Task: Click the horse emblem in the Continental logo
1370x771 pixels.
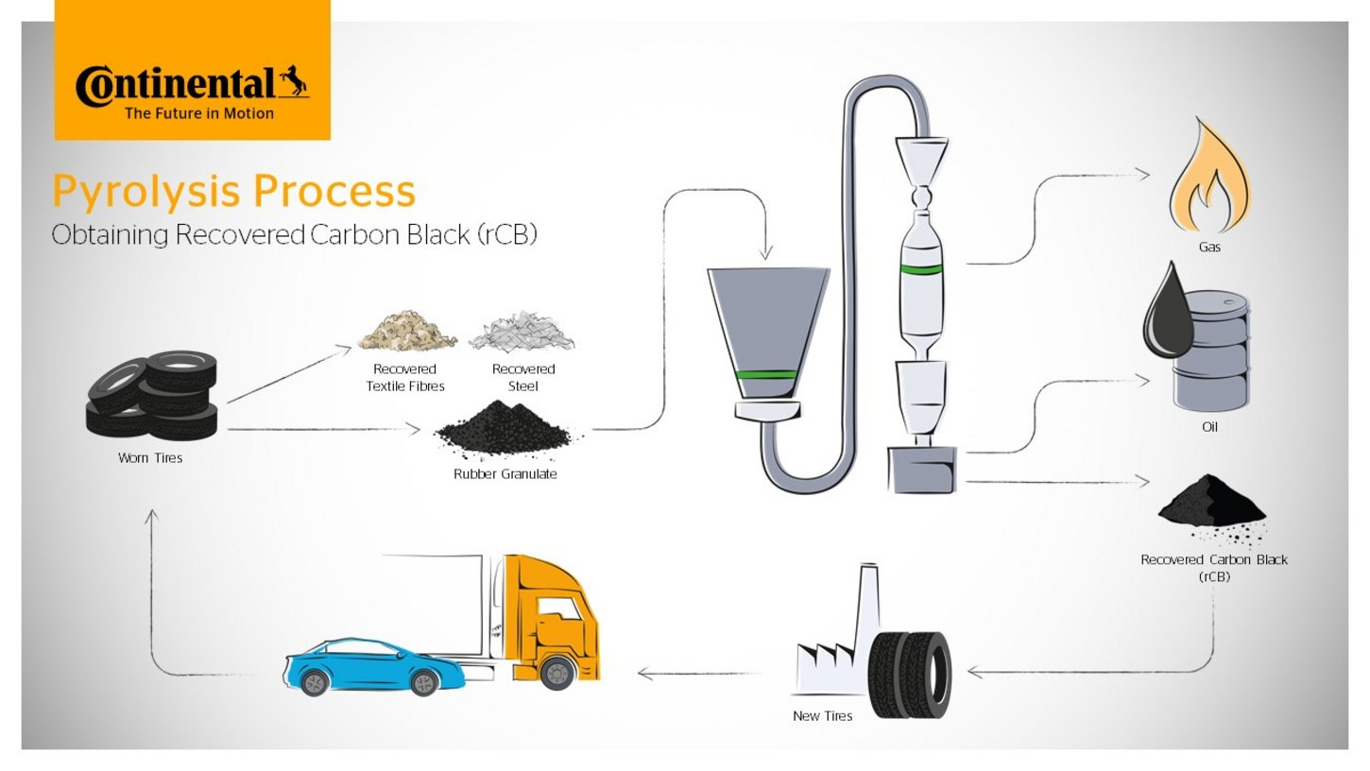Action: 294,81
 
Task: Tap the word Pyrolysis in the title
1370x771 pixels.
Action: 146,192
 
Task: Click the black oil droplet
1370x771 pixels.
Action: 1168,311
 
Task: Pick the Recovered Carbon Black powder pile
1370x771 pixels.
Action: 1211,507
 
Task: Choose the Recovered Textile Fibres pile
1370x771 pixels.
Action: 406,331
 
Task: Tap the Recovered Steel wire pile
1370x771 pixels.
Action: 522,332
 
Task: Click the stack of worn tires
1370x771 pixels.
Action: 152,395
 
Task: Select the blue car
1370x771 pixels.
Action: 374,667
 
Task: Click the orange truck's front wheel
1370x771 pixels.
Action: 557,673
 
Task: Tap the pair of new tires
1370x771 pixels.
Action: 910,675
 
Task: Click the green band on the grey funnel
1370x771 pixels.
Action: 767,374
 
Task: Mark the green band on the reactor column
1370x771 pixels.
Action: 921,269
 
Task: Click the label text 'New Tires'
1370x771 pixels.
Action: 822,716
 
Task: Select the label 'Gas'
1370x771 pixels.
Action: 1209,247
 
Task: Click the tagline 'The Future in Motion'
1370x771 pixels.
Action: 199,113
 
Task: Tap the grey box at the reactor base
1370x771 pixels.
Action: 922,470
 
